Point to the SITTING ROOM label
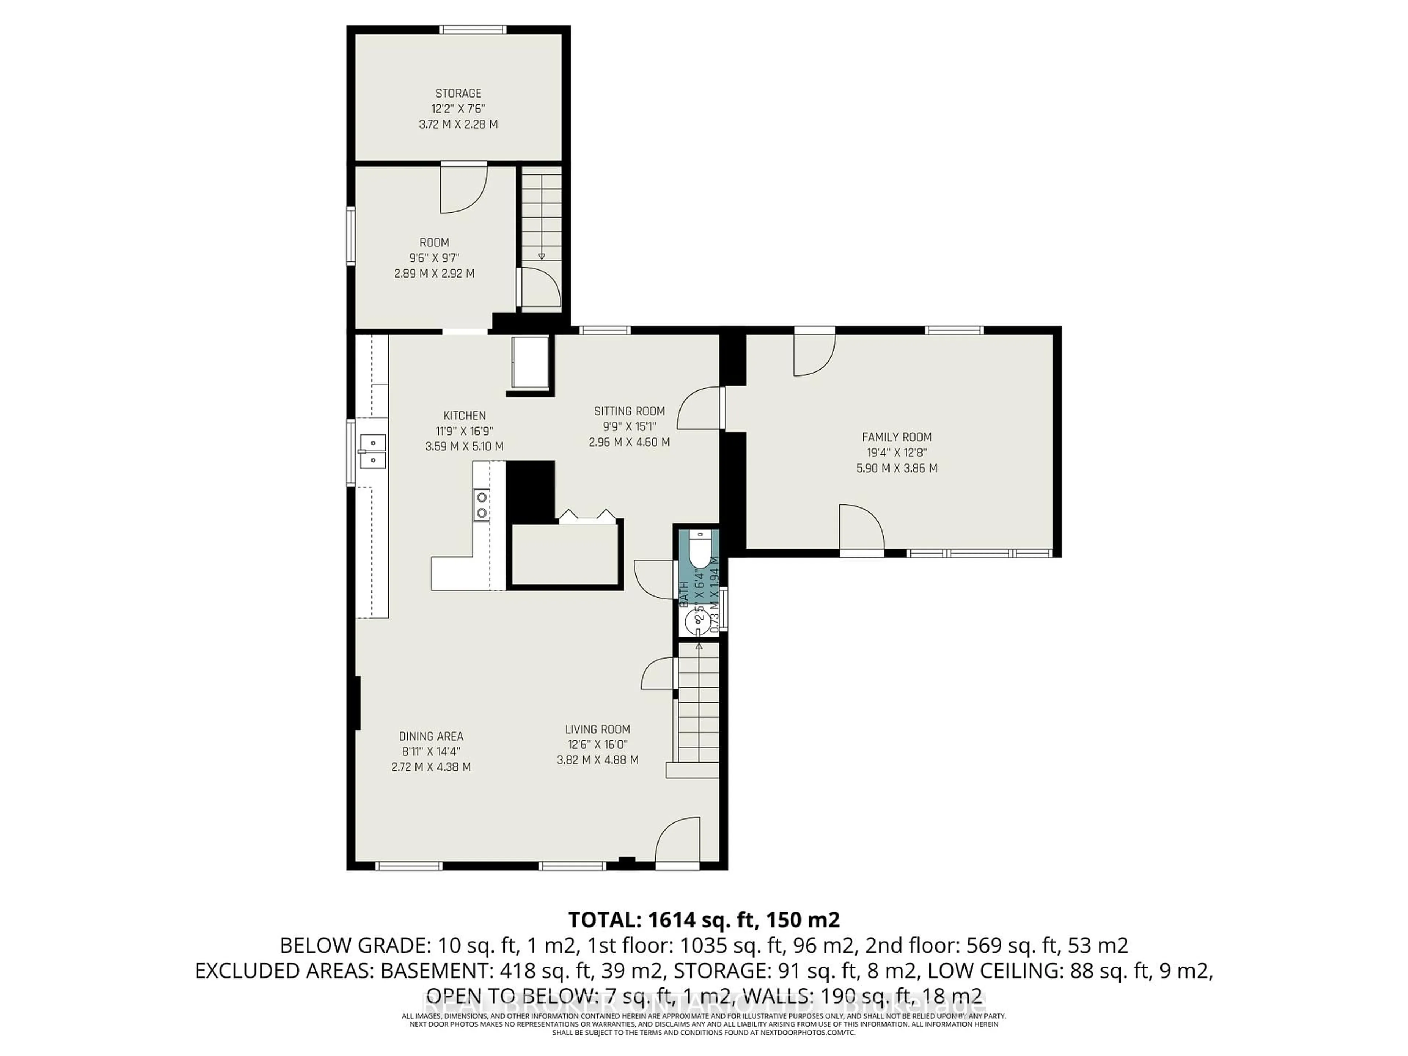point(629,411)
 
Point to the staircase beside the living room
point(698,707)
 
